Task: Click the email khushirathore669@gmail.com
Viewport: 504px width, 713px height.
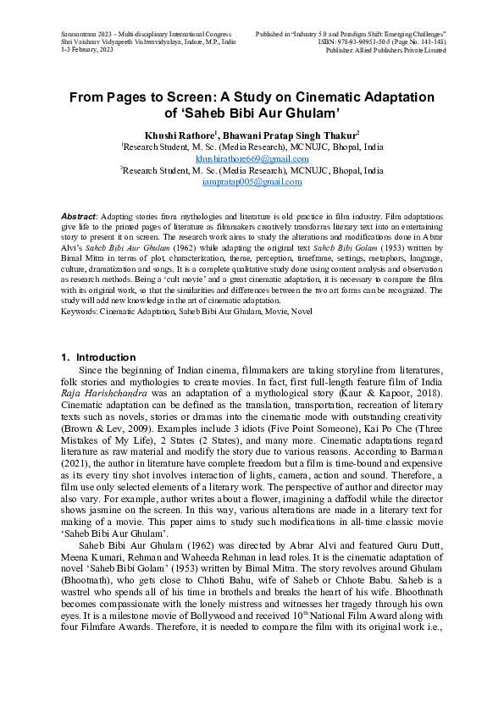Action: click(x=252, y=158)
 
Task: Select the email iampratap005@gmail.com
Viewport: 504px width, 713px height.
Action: click(x=252, y=182)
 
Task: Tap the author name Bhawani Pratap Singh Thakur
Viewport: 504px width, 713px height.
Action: click(x=291, y=135)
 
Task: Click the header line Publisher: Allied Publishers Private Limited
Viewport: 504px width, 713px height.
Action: click(x=385, y=51)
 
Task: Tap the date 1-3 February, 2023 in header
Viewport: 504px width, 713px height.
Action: click(x=91, y=51)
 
